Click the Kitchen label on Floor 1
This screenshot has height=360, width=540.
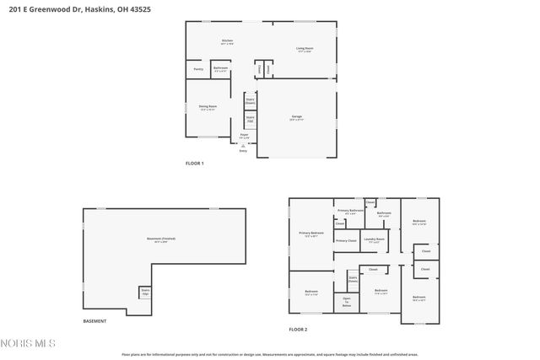coord(227,42)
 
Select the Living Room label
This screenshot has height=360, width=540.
coord(304,50)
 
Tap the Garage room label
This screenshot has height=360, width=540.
coord(297,117)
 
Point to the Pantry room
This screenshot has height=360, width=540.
coord(198,69)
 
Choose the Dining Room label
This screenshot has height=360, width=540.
coord(208,107)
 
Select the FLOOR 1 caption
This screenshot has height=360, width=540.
coord(194,163)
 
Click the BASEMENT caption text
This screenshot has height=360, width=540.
coord(94,321)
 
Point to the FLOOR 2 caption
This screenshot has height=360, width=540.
coord(298,329)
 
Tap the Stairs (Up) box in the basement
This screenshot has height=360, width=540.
coord(145,292)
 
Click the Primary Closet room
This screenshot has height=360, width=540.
coord(346,241)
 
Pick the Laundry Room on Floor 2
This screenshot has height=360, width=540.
coord(374,239)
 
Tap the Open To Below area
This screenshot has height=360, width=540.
coord(346,302)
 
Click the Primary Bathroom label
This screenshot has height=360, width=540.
coord(349,211)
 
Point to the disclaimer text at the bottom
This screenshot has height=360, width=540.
coord(270,355)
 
